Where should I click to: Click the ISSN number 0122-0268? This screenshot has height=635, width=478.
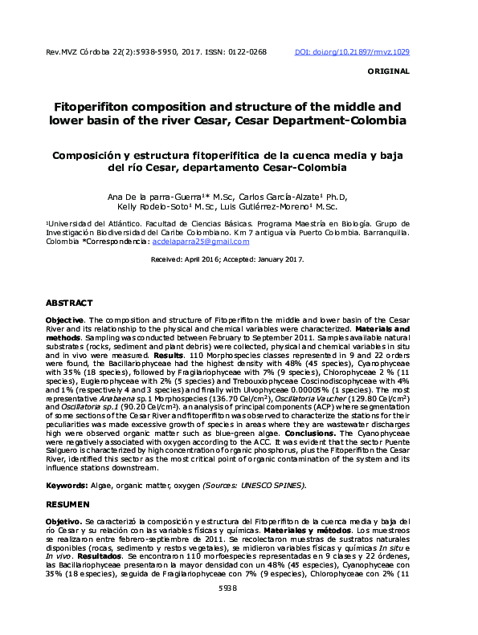[x=248, y=51]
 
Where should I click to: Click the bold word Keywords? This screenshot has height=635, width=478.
[x=67, y=486]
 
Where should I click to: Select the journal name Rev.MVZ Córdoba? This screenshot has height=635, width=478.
[x=79, y=51]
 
